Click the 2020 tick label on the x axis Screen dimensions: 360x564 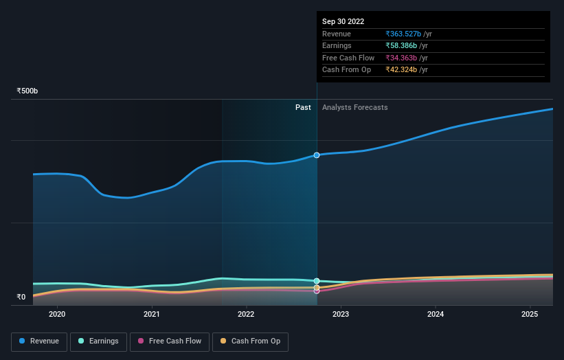point(57,314)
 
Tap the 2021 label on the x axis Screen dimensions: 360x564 point(152,314)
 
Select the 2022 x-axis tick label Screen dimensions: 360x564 point(246,314)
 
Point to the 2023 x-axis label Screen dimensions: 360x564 point(341,314)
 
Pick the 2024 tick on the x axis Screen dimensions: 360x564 point(436,314)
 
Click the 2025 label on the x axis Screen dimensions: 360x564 point(530,314)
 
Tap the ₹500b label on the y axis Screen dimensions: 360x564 point(27,91)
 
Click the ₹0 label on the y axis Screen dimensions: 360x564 point(21,297)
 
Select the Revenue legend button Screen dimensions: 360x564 point(39,341)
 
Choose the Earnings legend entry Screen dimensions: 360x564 point(98,341)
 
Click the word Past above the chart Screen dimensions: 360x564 point(303,107)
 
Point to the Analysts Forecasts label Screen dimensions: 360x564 point(354,107)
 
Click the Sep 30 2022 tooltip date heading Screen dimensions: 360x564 point(343,21)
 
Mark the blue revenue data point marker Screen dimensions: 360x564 point(317,155)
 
